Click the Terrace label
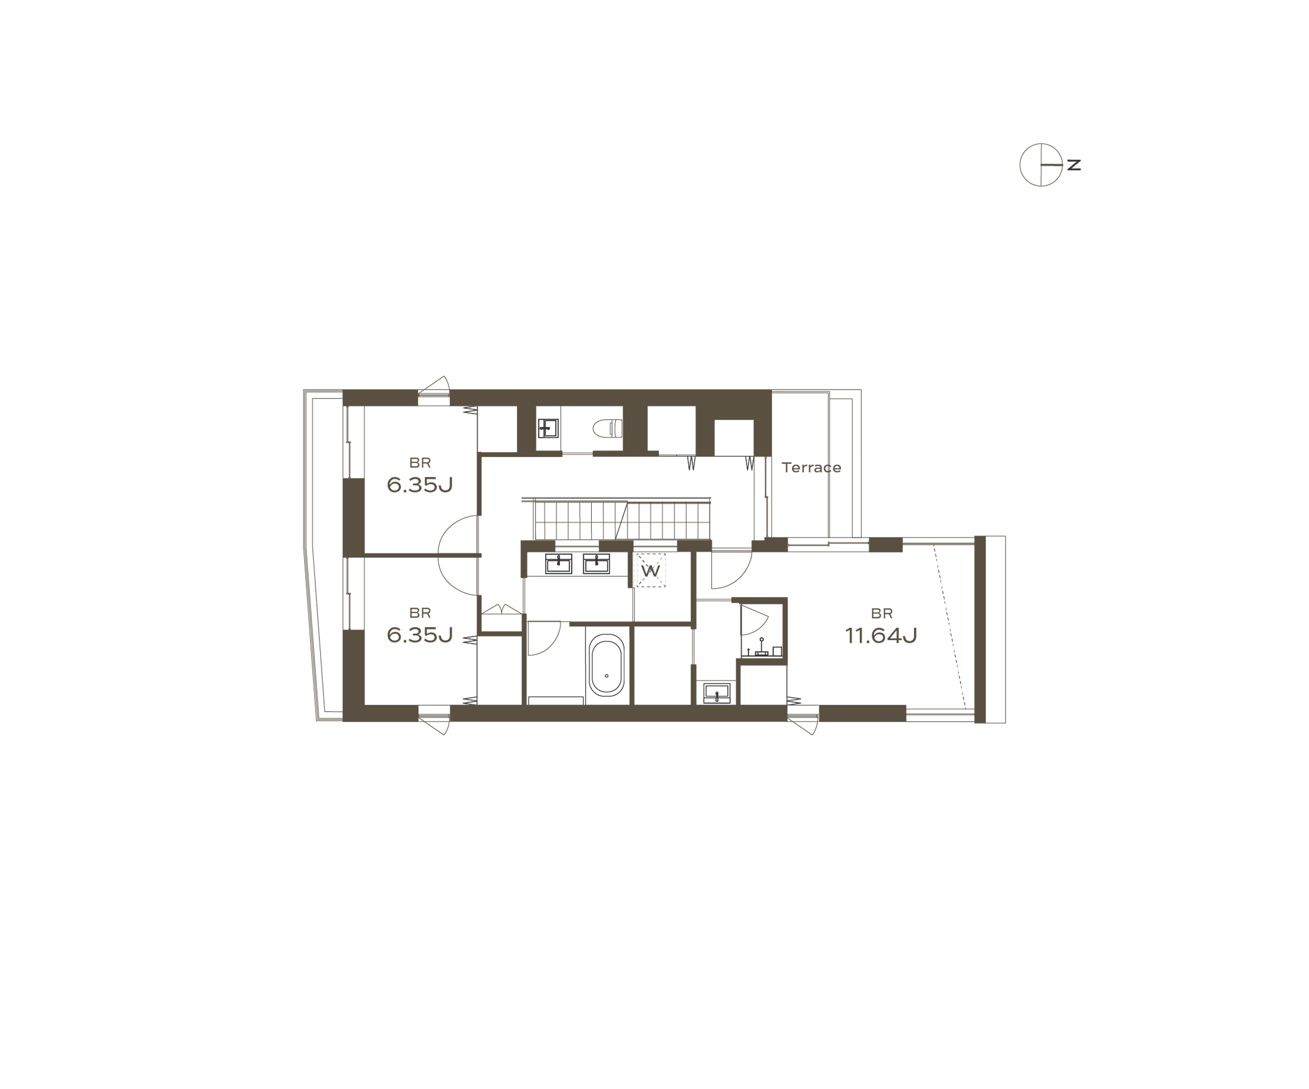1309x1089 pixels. pos(811,468)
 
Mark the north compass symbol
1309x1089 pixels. pos(1040,165)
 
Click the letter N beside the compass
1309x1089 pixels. pos(1074,165)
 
